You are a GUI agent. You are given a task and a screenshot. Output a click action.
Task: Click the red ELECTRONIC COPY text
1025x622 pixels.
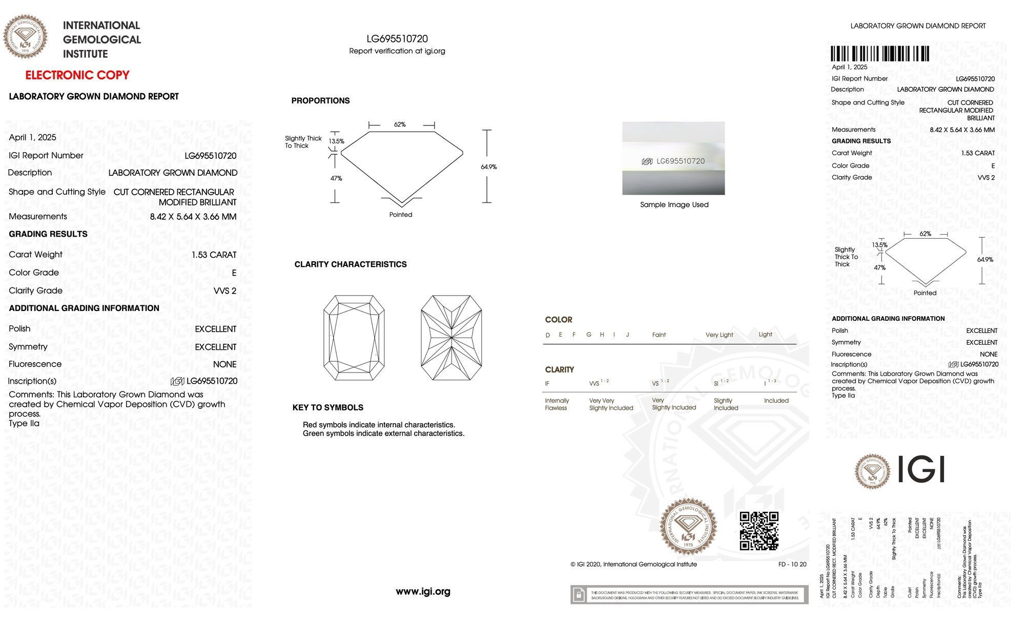click(77, 75)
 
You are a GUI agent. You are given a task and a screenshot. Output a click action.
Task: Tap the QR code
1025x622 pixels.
click(759, 531)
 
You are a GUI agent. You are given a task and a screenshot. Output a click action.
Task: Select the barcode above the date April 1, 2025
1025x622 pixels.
click(879, 54)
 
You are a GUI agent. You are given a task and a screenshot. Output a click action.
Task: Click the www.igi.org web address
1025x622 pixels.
click(423, 592)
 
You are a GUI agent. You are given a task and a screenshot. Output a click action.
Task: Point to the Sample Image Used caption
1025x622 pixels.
click(674, 204)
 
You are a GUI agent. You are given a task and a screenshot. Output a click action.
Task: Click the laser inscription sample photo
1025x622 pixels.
click(673, 158)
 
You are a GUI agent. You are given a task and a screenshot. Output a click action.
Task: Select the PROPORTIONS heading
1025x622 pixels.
click(320, 101)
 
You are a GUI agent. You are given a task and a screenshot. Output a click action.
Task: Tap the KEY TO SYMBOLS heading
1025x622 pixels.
click(327, 408)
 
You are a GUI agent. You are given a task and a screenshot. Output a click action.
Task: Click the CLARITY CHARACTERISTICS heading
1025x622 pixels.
click(351, 264)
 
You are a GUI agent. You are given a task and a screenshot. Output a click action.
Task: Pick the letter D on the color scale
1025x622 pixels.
click(548, 335)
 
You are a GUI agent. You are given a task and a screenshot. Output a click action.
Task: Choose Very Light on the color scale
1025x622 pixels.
click(719, 335)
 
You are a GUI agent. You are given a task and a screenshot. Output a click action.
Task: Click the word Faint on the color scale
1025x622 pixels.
click(659, 335)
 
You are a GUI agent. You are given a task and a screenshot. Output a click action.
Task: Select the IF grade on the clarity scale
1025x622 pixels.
click(547, 384)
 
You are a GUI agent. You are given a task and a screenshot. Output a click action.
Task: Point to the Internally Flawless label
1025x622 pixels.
click(557, 404)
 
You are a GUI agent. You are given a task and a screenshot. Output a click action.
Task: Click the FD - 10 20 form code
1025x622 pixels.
click(792, 565)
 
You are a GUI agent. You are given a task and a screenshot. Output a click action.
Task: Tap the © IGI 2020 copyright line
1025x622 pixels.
click(633, 565)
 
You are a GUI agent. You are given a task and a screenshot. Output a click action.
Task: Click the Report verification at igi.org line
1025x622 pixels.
click(397, 51)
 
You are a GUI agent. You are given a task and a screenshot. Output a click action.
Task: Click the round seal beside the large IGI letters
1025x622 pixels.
click(872, 471)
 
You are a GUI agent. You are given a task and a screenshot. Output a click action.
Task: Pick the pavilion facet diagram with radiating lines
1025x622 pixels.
click(451, 338)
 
